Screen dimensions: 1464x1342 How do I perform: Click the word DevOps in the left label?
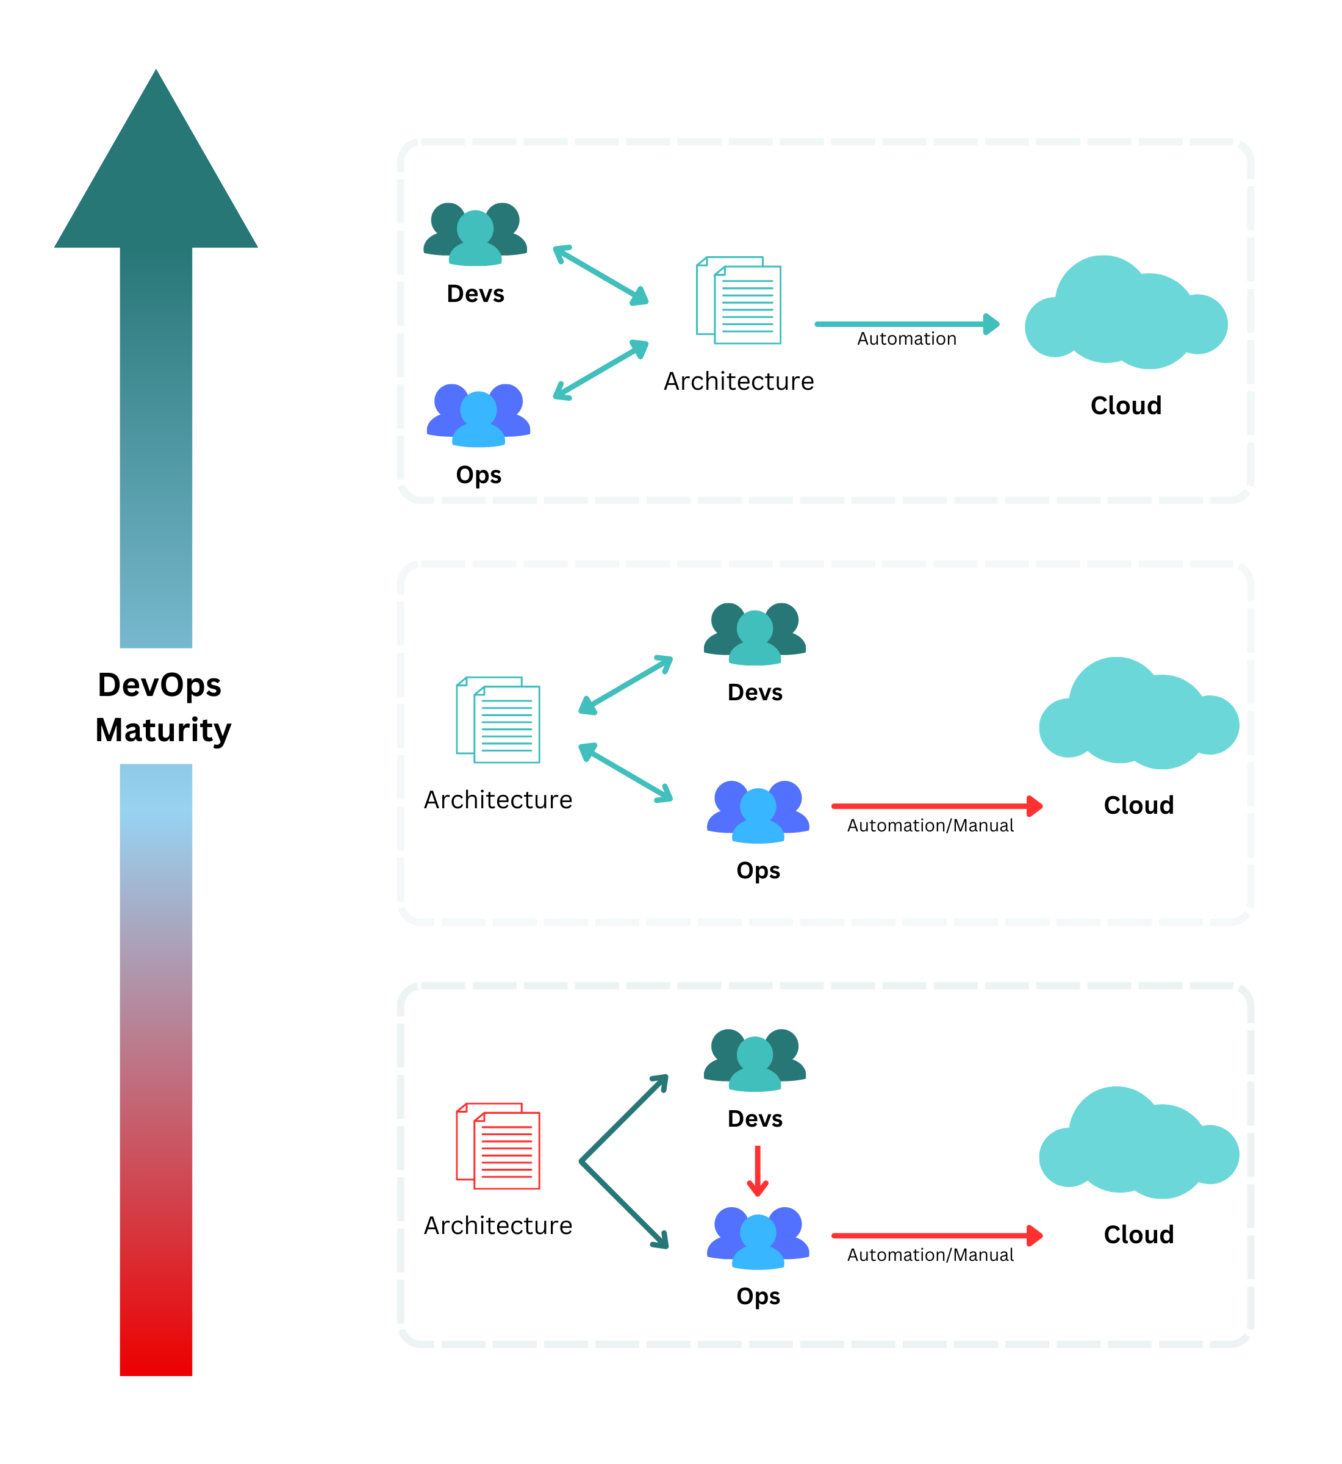click(159, 685)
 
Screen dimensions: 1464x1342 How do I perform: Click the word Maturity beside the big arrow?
click(163, 730)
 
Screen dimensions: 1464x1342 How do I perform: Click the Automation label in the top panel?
click(906, 339)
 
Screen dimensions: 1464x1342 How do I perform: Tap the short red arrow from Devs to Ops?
click(758, 1170)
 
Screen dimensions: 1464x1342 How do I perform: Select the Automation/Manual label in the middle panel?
click(930, 826)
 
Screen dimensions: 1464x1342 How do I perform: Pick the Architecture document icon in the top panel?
click(739, 300)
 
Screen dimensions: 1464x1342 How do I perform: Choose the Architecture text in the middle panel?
click(498, 800)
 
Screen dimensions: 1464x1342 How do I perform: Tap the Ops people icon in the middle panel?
click(758, 811)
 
